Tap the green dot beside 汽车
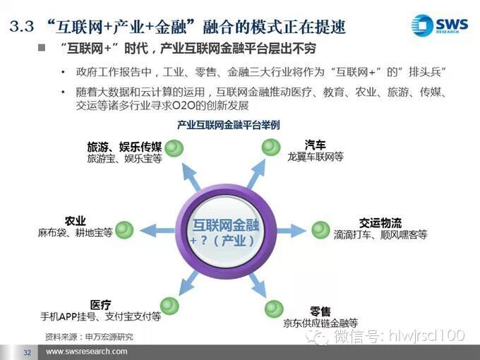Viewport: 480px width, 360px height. (x=271, y=148)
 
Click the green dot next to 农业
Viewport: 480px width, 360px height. (x=125, y=229)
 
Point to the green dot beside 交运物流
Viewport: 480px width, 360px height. (x=320, y=229)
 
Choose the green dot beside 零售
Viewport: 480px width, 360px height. (x=273, y=308)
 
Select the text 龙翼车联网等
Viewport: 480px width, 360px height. (x=315, y=157)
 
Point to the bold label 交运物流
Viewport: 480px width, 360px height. (x=380, y=223)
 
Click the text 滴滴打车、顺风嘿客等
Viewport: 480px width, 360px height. (x=380, y=236)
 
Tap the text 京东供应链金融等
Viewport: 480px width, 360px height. (x=320, y=323)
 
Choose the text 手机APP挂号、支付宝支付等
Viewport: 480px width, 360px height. (x=101, y=317)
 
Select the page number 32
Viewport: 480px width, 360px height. (x=28, y=352)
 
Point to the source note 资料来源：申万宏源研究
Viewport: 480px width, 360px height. (x=88, y=336)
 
